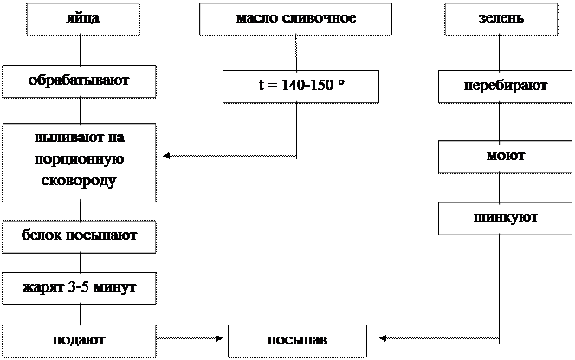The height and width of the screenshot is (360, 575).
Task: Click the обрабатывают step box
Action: [79, 81]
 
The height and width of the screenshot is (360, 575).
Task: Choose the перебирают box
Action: [505, 87]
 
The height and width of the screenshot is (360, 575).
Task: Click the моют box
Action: [506, 157]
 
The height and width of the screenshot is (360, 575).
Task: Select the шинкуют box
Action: [506, 217]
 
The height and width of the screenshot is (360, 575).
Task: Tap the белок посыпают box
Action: [79, 235]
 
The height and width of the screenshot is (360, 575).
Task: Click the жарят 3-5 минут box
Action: [79, 287]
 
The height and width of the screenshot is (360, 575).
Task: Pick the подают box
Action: [79, 340]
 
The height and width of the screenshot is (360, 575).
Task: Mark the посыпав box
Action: [297, 340]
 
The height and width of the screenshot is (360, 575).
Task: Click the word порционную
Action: [79, 160]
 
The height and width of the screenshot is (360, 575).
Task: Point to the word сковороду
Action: [79, 182]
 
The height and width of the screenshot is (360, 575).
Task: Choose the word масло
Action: [255, 19]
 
